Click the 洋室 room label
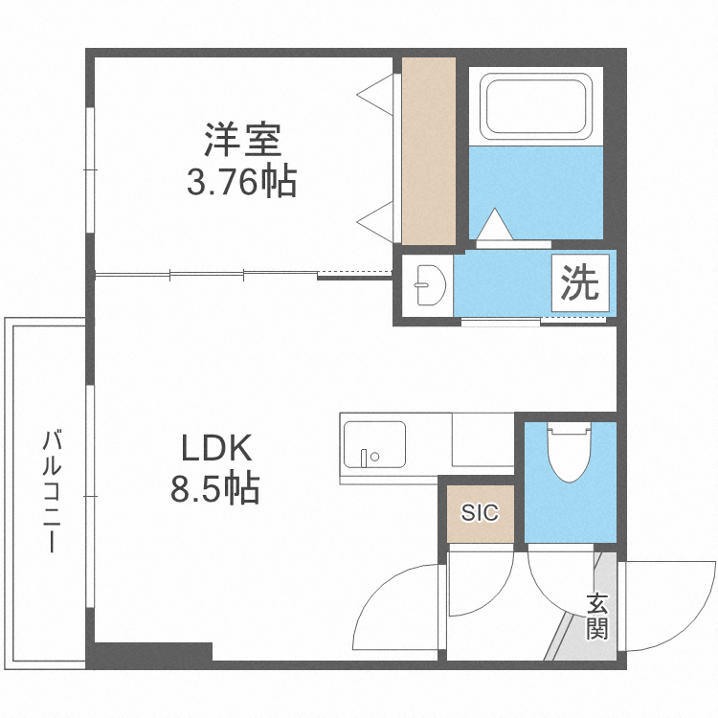click(x=241, y=141)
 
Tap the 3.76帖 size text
click(x=241, y=181)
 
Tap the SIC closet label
click(x=480, y=513)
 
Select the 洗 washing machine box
click(x=578, y=283)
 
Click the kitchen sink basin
click(x=373, y=443)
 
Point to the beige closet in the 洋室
click(x=428, y=150)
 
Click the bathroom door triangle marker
click(x=496, y=227)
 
